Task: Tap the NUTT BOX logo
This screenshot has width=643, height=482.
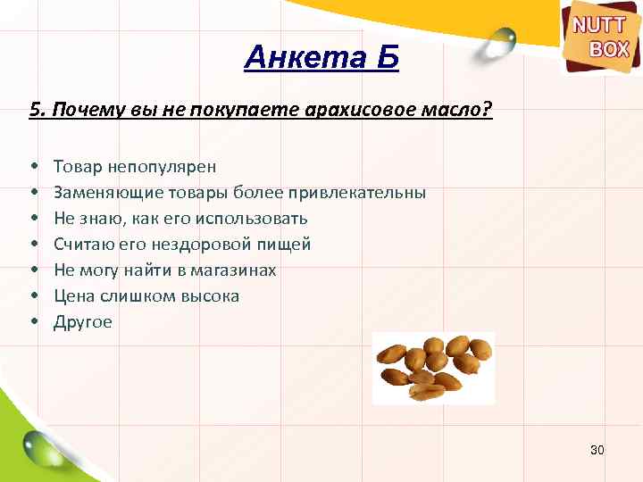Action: point(600,38)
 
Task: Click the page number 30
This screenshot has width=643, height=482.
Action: point(597,450)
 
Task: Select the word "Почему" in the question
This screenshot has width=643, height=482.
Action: point(83,111)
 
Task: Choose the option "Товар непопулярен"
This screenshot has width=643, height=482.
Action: point(134,166)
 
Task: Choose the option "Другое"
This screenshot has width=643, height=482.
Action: point(83,322)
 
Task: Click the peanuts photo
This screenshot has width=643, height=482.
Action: point(433,367)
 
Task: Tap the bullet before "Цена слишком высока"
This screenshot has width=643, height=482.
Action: point(33,296)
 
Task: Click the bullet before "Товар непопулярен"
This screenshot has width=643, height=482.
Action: point(33,167)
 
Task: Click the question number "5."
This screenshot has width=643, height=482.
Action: point(37,111)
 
